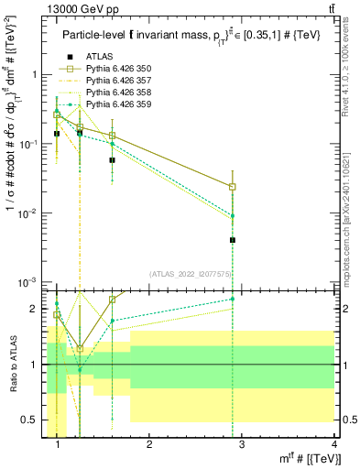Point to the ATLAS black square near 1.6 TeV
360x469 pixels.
pyautogui.click(x=112, y=159)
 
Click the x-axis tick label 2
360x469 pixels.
pyautogui.click(x=150, y=444)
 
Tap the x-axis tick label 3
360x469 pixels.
pyautogui.click(x=242, y=444)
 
